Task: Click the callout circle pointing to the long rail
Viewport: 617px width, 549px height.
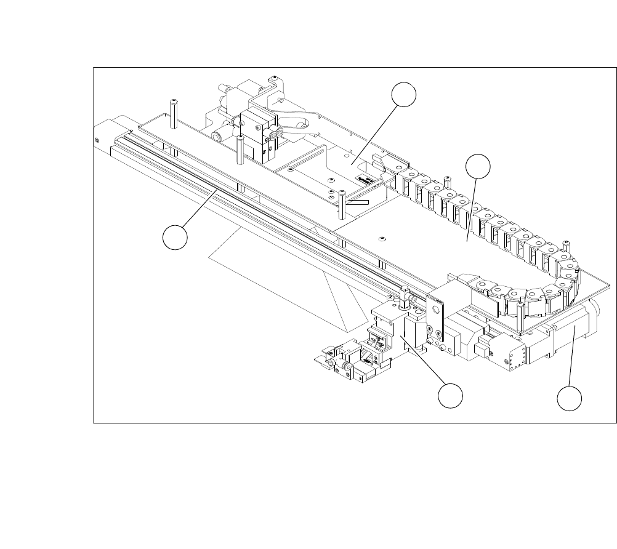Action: [x=175, y=238]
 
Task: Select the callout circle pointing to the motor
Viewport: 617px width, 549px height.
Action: [x=570, y=398]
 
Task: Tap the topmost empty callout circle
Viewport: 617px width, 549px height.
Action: [x=404, y=95]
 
